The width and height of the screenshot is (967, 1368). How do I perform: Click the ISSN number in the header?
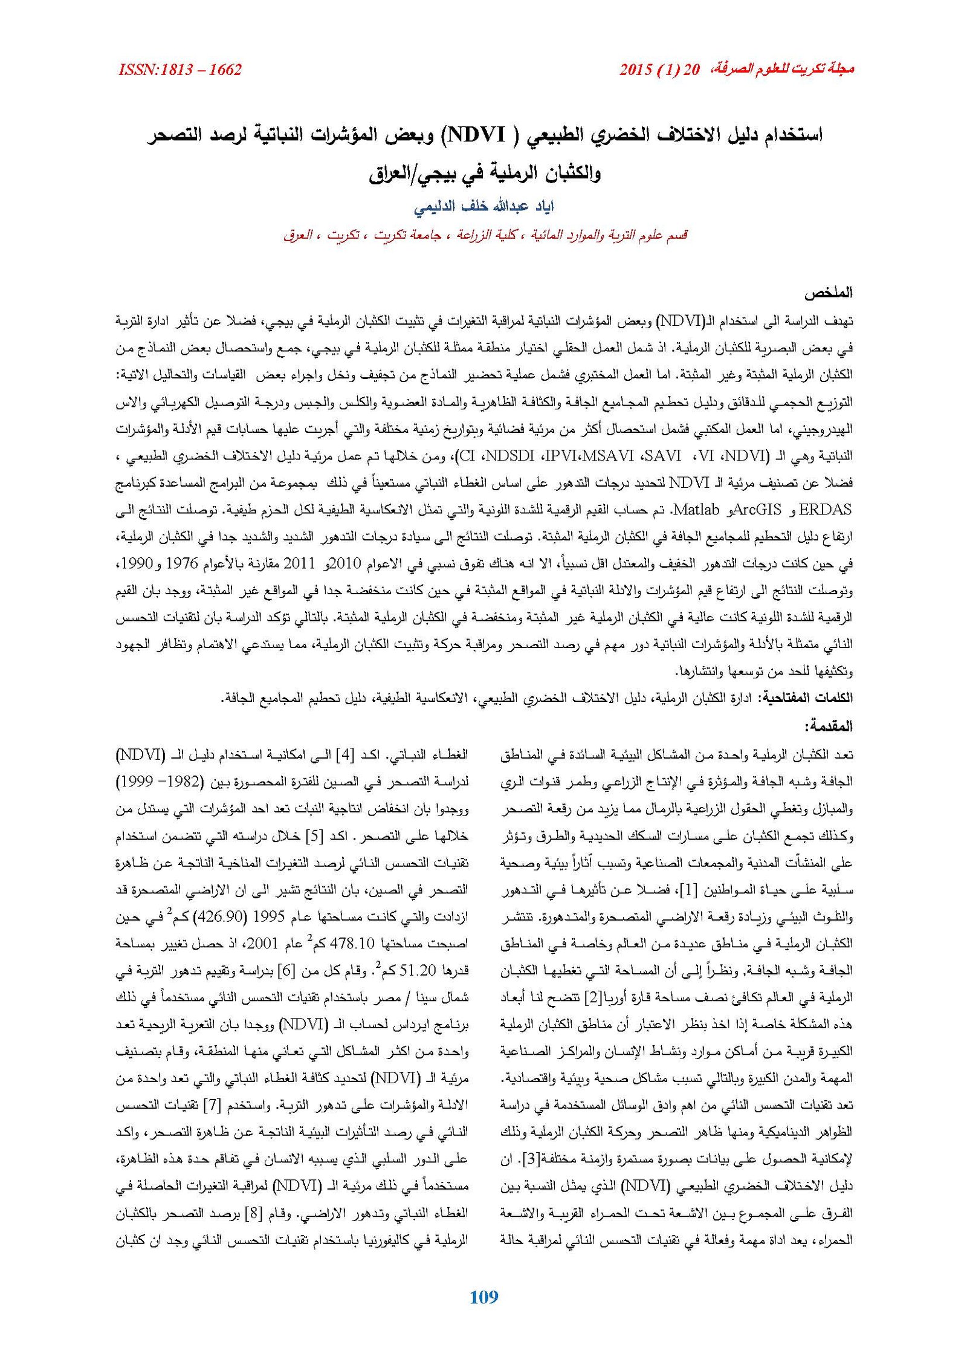tap(180, 70)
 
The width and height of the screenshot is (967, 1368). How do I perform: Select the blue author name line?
tap(483, 207)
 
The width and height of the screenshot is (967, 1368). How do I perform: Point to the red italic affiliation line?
tap(485, 235)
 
